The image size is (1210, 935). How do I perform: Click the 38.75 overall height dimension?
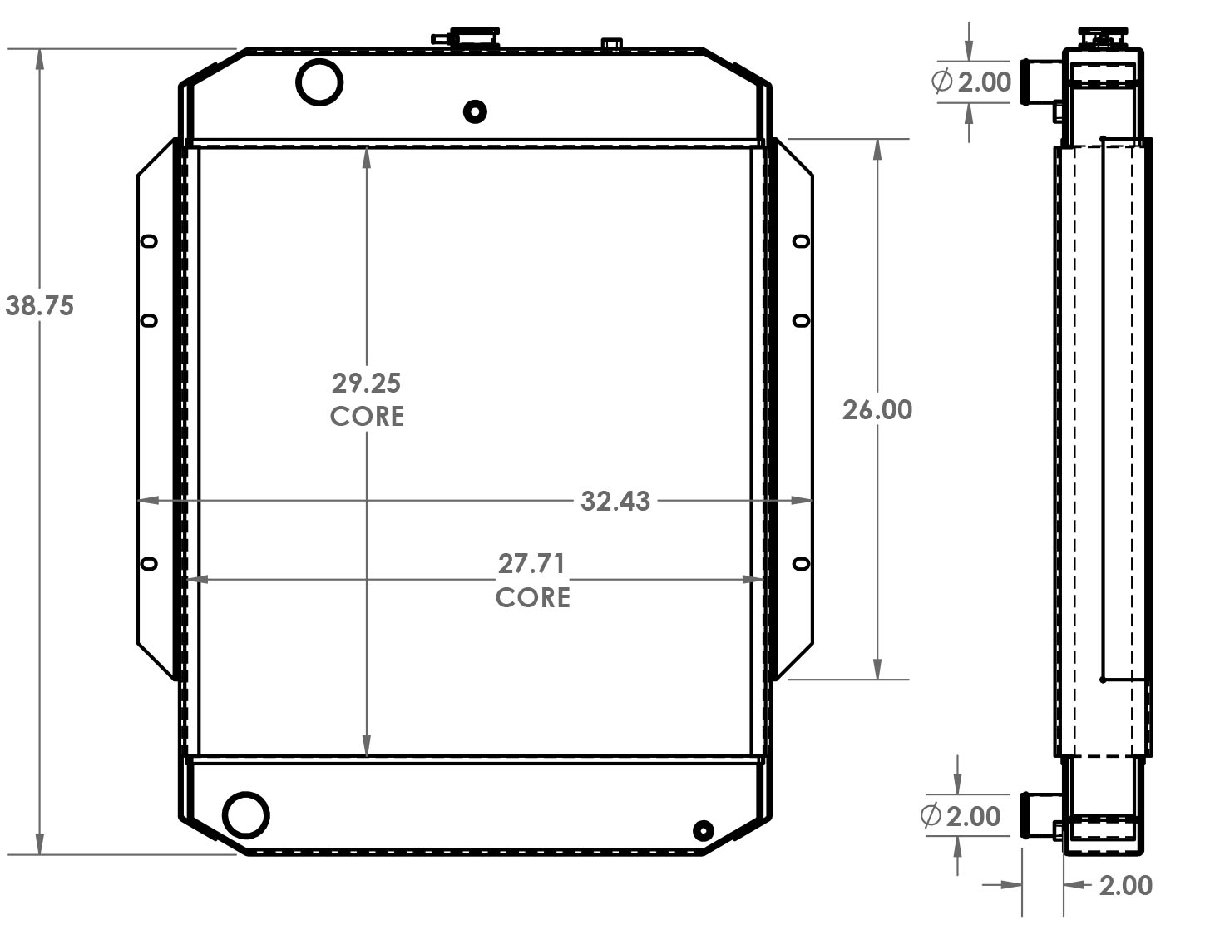(x=39, y=306)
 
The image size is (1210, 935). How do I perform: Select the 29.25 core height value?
(x=366, y=383)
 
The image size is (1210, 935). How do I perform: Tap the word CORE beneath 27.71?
(x=532, y=598)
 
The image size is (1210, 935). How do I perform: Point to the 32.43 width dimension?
(x=615, y=502)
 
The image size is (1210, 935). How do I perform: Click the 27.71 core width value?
(x=531, y=564)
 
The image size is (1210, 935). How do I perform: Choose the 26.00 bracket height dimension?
(x=877, y=410)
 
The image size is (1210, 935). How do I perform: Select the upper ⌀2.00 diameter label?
(x=971, y=82)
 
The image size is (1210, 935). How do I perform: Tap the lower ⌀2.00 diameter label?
(x=961, y=816)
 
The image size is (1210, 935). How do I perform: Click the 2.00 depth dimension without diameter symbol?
(x=1125, y=886)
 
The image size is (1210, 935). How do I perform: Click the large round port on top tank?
(x=319, y=82)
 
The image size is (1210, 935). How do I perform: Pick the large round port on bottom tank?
(x=245, y=814)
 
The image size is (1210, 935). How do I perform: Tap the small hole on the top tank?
(x=475, y=111)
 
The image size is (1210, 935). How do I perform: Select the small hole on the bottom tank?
(x=703, y=830)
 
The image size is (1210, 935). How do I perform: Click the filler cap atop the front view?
(x=466, y=37)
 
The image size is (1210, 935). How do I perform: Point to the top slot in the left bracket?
(x=149, y=241)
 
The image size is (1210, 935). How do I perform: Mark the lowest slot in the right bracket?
(x=801, y=563)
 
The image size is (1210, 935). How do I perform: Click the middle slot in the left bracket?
(x=149, y=320)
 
